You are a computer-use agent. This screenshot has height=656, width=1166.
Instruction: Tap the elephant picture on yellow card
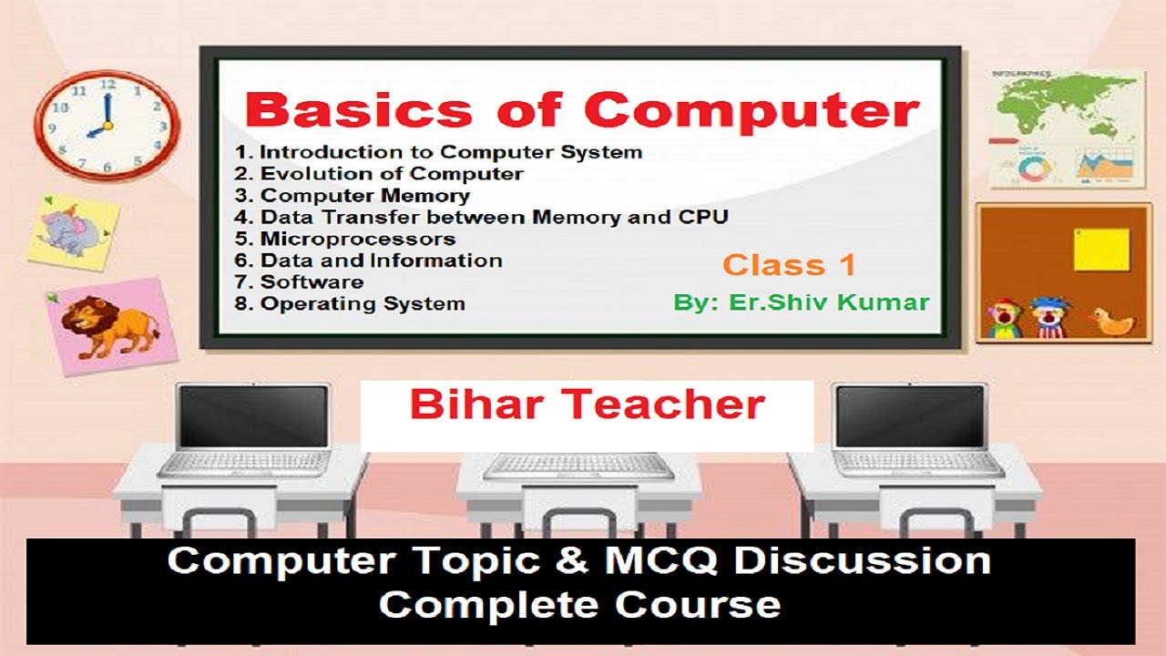pos(74,233)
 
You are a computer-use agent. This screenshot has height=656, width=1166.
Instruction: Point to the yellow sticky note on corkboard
pos(1101,249)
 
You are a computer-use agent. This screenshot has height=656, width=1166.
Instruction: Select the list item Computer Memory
pos(364,195)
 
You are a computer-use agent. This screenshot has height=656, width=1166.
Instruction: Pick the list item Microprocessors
pos(357,239)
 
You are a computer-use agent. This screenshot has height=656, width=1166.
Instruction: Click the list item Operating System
pos(363,303)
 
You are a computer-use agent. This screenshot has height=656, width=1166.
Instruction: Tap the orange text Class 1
pos(789,265)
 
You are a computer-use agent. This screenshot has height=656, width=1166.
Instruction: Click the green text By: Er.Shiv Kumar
pos(802,302)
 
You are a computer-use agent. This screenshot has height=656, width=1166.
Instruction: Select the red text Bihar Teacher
pos(587,405)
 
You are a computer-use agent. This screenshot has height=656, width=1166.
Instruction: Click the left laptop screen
pos(251,416)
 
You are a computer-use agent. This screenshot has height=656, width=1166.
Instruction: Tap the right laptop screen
pos(910,416)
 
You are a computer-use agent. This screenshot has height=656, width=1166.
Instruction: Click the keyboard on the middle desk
pos(579,466)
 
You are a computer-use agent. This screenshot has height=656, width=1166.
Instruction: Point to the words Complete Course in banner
pos(579,604)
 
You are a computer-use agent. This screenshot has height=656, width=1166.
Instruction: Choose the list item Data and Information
pos(381,261)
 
